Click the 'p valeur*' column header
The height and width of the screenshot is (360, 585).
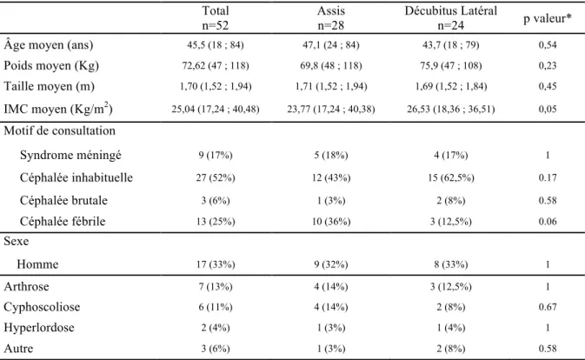[x=548, y=18]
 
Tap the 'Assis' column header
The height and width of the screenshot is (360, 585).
[x=331, y=10]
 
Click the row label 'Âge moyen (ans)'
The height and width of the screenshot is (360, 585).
[x=49, y=44]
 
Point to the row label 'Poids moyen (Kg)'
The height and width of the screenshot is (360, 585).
[x=51, y=66]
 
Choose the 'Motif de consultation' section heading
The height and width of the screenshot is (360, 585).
[x=60, y=130]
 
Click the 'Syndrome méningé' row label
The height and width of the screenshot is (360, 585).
[x=70, y=155]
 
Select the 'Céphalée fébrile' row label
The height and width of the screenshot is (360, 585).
[x=63, y=221]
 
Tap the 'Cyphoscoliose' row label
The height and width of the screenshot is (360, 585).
[x=42, y=307]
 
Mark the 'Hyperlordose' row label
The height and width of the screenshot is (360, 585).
[x=39, y=328]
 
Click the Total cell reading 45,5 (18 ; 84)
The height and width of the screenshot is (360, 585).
[x=216, y=45]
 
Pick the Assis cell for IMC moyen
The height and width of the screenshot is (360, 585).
[x=331, y=110]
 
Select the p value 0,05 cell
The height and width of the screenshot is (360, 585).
[x=548, y=109]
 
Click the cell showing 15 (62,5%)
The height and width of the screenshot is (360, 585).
[x=450, y=178]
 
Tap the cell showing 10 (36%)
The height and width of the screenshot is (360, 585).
[x=331, y=222]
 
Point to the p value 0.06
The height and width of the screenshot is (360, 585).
[x=548, y=222]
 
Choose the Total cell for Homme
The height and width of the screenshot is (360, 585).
[x=216, y=264]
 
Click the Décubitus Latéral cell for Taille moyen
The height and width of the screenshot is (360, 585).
[x=450, y=87]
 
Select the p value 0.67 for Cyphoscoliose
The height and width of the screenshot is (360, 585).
[x=548, y=307]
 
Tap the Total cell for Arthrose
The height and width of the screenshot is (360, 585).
[x=216, y=286]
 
